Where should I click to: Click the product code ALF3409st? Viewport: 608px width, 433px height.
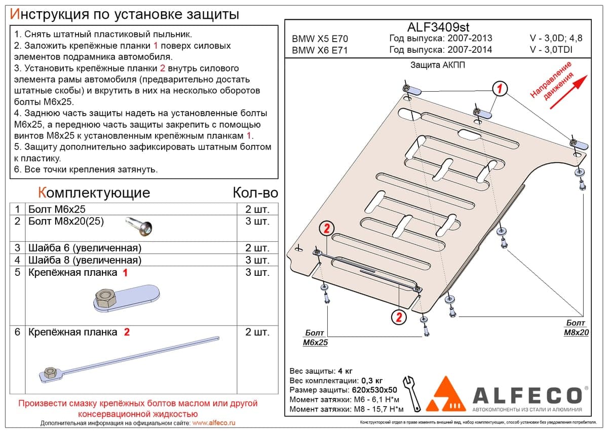coord(438,27)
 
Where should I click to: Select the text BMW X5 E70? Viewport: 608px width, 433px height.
coord(320,39)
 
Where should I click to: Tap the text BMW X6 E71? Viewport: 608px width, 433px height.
coord(320,50)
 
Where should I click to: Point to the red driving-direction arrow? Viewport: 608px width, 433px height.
coord(568,92)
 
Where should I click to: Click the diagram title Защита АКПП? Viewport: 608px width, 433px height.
coord(438,65)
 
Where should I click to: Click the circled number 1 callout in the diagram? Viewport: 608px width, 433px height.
coord(500,89)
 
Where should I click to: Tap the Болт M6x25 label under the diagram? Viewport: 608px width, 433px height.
coord(315,337)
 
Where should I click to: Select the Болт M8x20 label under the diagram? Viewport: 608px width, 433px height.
coord(576,328)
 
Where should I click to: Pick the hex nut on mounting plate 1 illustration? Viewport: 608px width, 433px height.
coord(106,297)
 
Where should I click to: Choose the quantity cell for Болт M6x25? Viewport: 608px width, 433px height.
coord(257,209)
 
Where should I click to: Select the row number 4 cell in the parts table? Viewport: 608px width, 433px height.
coord(17,260)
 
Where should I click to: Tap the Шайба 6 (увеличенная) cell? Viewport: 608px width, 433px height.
coord(85,248)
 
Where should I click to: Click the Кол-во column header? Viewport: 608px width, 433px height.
coord(255,193)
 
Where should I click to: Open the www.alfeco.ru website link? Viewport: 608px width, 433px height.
coord(214,423)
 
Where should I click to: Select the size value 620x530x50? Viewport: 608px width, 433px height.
coord(374,390)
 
